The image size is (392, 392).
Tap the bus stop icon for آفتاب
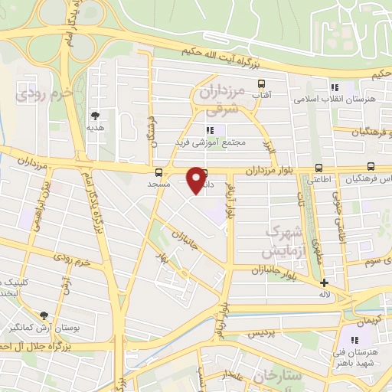[x=262, y=83]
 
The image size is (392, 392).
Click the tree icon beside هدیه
[x=95, y=116]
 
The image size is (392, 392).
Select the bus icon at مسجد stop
[x=158, y=172]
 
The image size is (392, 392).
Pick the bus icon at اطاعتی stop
[x=318, y=168]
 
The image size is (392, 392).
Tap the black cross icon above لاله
[x=325, y=283]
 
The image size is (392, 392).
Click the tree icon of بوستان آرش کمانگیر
[x=44, y=315]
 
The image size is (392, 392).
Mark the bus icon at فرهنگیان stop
[x=371, y=166]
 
